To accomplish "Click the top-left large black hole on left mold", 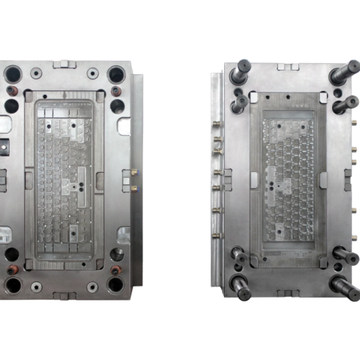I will [12, 73].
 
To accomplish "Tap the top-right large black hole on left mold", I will [116, 73].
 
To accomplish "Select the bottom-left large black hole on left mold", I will [12, 284].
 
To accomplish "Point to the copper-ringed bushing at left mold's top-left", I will [13, 91].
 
